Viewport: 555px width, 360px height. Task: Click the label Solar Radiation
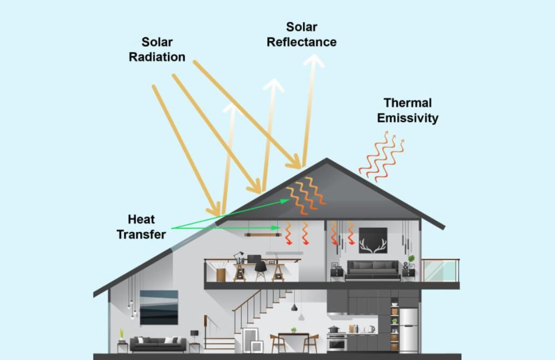pos(157,49)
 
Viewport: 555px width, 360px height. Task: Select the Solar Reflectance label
pos(301,35)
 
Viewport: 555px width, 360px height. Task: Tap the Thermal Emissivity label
pos(407,110)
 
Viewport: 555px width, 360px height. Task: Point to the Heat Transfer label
pos(141,227)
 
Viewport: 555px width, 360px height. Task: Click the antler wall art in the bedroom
pos(373,240)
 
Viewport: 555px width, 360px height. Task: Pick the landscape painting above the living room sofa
pos(159,307)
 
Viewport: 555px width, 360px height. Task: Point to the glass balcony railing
pos(440,270)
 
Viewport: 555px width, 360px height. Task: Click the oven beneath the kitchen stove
pos(336,342)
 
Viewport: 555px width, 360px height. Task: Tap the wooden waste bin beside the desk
pos(221,274)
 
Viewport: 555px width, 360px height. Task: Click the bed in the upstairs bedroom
pos(373,269)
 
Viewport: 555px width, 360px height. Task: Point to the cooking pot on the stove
pos(334,329)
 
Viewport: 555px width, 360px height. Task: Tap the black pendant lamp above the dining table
pos(294,307)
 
